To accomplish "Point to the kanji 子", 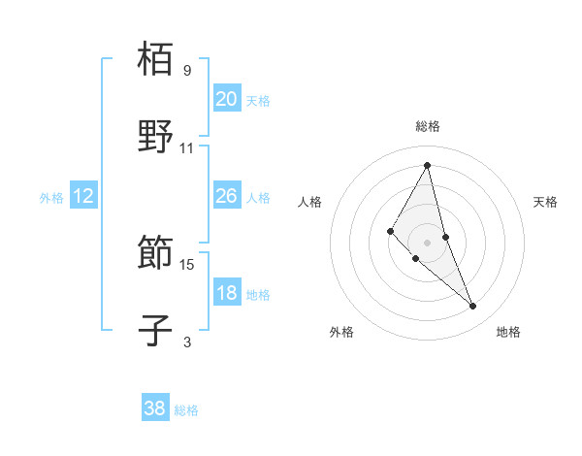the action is click(156, 329).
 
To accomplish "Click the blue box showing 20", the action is click(226, 98).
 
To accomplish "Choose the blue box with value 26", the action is click(226, 196).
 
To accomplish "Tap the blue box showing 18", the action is click(226, 293).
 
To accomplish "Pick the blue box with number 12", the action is click(82, 196).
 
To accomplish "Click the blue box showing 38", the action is click(155, 408).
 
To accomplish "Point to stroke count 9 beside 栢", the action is click(187, 71).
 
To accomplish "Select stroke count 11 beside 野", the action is click(187, 148).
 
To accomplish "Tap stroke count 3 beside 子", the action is click(187, 342).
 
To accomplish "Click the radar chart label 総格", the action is click(428, 126).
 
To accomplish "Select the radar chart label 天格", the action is click(546, 202).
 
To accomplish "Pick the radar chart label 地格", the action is click(508, 332).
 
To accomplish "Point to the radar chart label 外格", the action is click(341, 332).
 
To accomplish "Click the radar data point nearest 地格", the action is click(473, 307).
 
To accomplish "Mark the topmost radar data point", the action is click(428, 165).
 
